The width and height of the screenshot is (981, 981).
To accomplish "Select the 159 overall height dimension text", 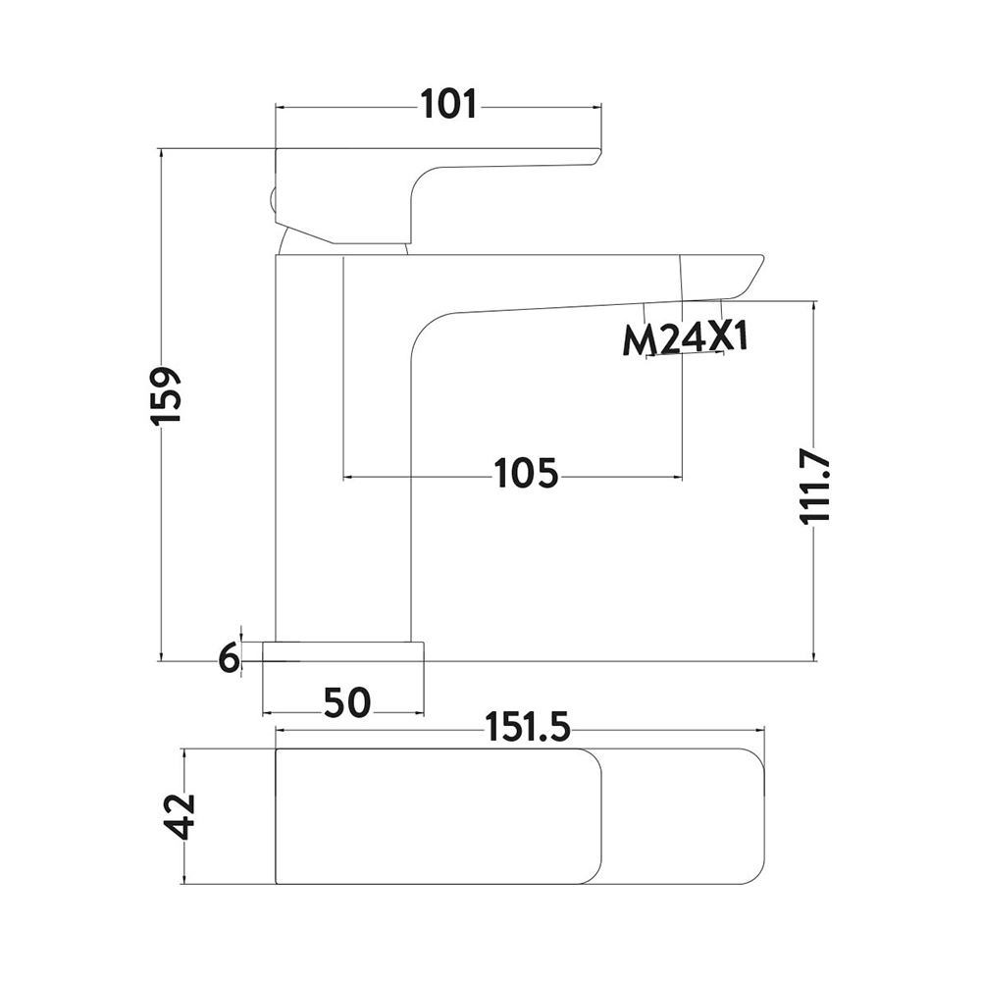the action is tap(167, 396).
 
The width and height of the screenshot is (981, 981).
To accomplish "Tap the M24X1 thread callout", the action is tap(685, 341).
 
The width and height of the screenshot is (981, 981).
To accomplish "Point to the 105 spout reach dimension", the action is tap(526, 474).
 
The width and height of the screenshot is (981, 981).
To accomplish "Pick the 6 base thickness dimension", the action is tap(230, 659).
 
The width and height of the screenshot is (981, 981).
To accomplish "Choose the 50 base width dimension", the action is tap(348, 702).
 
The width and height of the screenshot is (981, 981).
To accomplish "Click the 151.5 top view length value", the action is tap(529, 727).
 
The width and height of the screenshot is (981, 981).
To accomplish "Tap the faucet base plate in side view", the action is tap(343, 651).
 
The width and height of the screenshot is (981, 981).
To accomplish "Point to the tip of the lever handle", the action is tap(595, 156).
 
